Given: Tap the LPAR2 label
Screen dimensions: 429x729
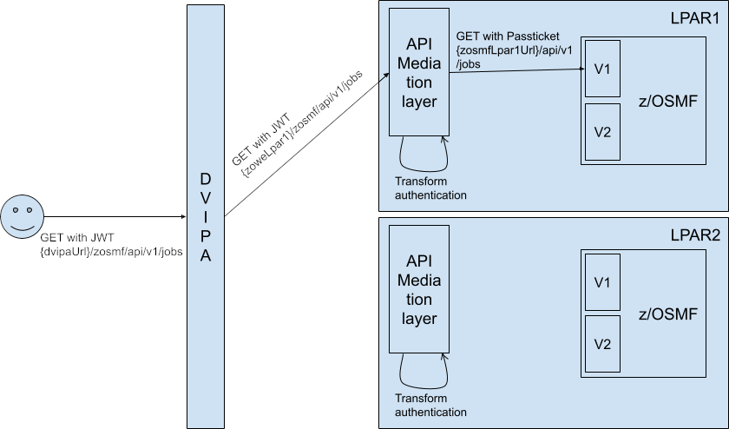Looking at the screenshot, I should [695, 234].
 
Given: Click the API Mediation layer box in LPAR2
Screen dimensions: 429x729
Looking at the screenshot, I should [419, 288].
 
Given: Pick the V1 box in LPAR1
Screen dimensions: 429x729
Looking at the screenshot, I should [601, 68].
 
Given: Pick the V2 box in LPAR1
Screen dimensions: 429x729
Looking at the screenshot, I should [601, 132].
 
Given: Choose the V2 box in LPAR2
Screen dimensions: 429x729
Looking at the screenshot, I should [601, 344].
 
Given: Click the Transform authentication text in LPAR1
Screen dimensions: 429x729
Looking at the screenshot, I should [430, 188].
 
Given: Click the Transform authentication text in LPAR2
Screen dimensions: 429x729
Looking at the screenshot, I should [430, 405].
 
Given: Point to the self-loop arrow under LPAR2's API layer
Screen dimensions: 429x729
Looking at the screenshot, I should [423, 373].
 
